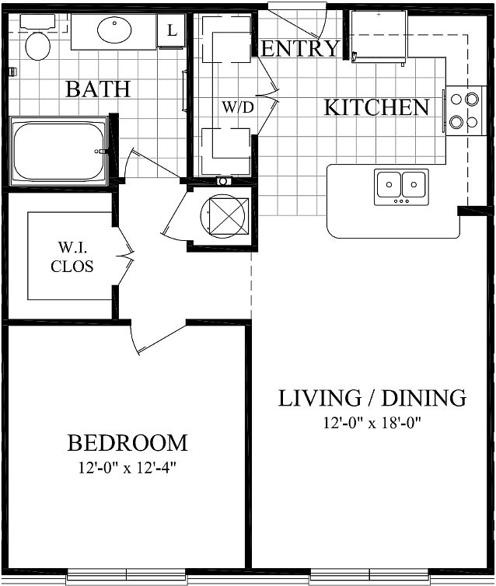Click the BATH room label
pyautogui.click(x=98, y=89)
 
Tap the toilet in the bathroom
pyautogui.click(x=37, y=37)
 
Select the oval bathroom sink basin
pyautogui.click(x=114, y=30)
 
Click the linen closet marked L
pyautogui.click(x=171, y=30)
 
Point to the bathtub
pyautogui.click(x=59, y=151)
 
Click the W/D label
pyautogui.click(x=238, y=107)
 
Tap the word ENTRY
pyautogui.click(x=300, y=49)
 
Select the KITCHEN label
pyautogui.click(x=376, y=107)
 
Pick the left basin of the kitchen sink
pyautogui.click(x=389, y=184)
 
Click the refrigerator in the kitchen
pyautogui.click(x=379, y=37)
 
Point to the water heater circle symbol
pyautogui.click(x=224, y=215)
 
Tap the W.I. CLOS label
pyautogui.click(x=72, y=256)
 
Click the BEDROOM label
pyautogui.click(x=127, y=443)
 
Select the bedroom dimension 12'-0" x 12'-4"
pyautogui.click(x=127, y=468)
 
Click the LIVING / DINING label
pyautogui.click(x=372, y=398)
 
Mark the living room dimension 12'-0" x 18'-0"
pyautogui.click(x=372, y=423)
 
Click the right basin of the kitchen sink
pyautogui.click(x=414, y=184)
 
